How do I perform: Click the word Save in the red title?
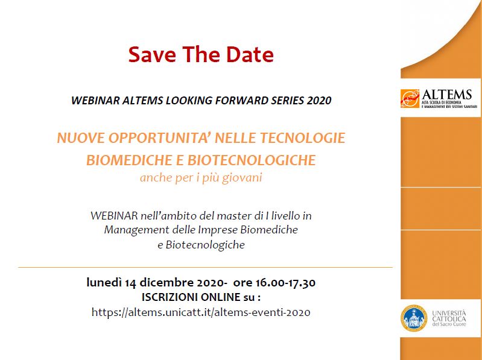point(152,54)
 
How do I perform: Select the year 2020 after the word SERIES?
point(319,101)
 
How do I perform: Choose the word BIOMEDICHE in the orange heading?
point(129,160)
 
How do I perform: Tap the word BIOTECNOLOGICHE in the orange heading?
point(252,160)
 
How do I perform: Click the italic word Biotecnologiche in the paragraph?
point(205,245)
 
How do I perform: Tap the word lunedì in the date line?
point(104,282)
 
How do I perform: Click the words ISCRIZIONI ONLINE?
point(191,297)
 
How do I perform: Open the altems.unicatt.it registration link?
point(201,312)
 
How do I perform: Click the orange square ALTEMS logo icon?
point(410,99)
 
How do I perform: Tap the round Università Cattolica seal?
point(414,318)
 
